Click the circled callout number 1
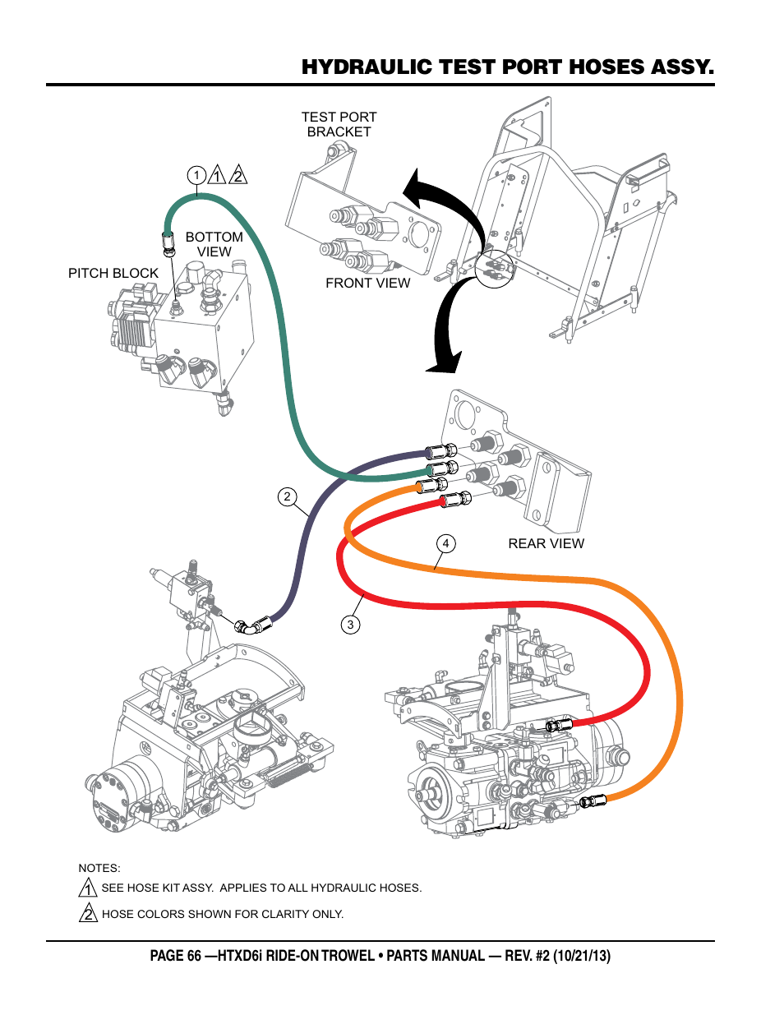click(196, 175)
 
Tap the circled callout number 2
click(287, 496)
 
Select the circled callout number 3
click(350, 625)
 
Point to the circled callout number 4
click(445, 543)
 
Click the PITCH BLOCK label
click(113, 273)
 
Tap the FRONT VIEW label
click(367, 283)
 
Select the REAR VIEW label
click(546, 543)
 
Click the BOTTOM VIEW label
click(214, 244)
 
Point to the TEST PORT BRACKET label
click(339, 124)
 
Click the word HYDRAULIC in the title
click(367, 67)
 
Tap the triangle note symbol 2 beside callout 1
click(238, 175)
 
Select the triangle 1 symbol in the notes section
click(88, 888)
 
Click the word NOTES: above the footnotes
click(99, 868)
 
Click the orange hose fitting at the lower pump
click(593, 801)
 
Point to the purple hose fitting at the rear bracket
click(441, 452)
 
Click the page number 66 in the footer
click(194, 956)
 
